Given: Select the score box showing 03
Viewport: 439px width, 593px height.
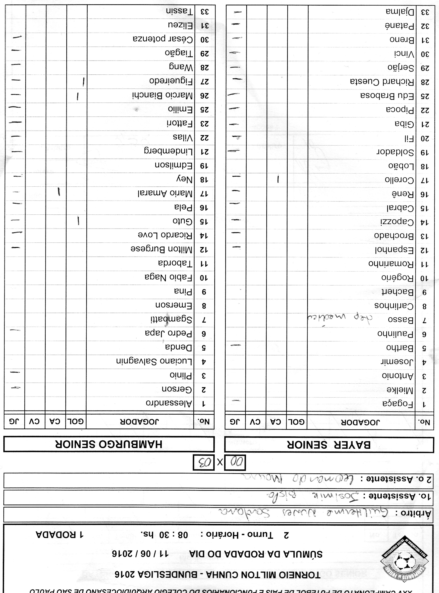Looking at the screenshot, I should point(203,463).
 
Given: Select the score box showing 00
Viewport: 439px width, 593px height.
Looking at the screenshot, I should point(235,463).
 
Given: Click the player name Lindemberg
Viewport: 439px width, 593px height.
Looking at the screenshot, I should point(168,152).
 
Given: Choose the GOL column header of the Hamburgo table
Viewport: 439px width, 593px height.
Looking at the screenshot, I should point(76,421).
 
